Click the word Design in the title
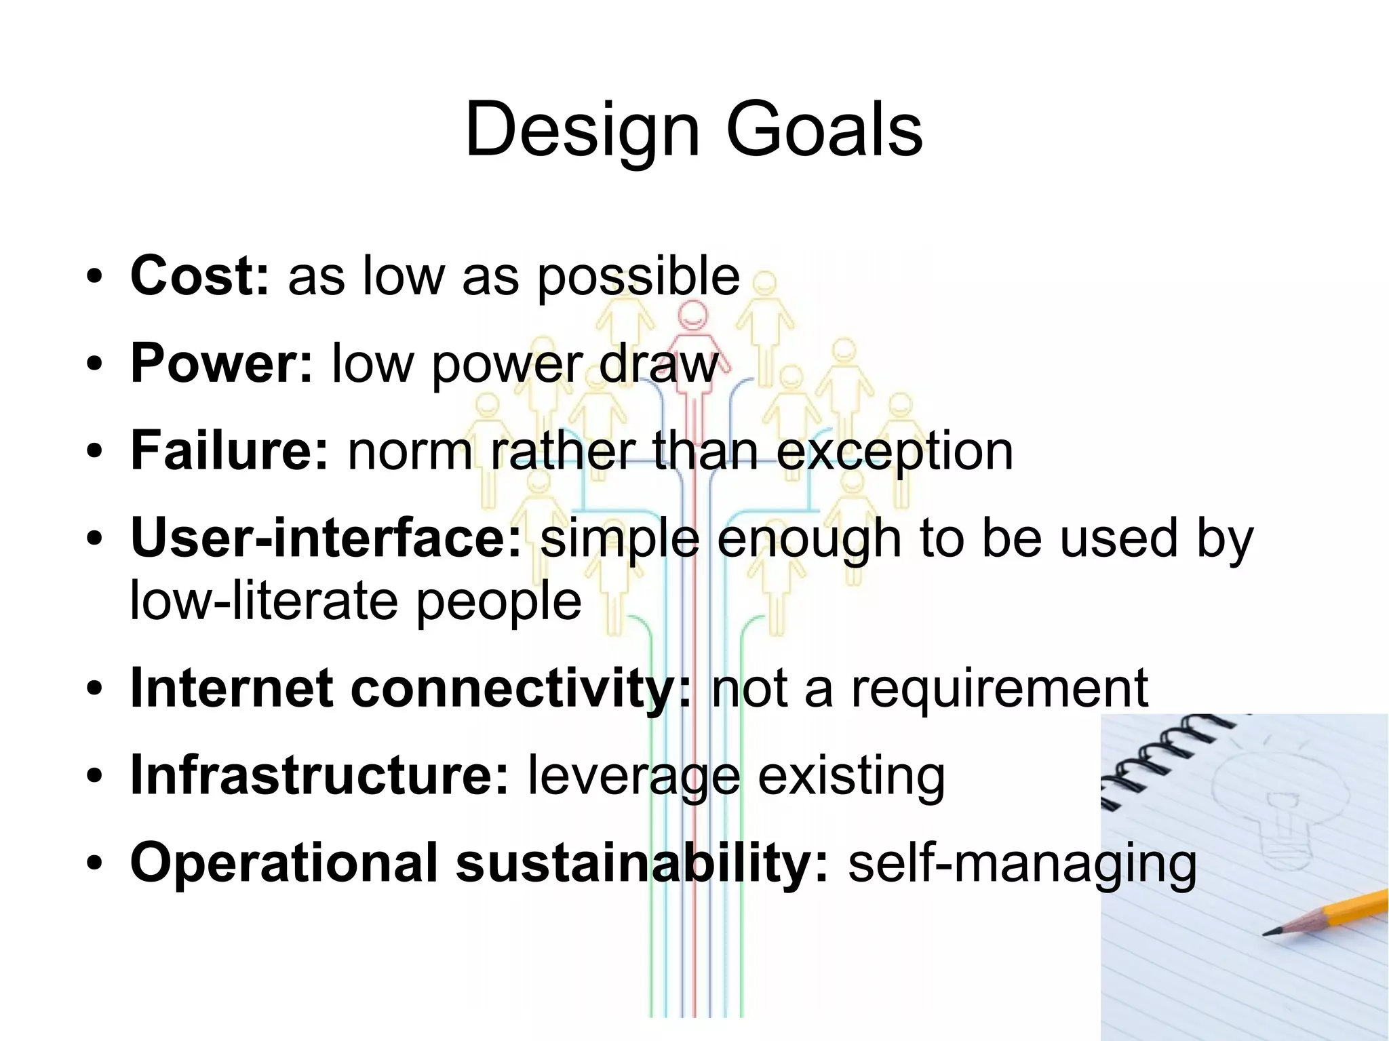pos(582,130)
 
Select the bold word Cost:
pos(200,276)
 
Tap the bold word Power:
pos(221,364)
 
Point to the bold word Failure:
pos(229,450)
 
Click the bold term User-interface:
pos(326,538)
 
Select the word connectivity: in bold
pos(521,688)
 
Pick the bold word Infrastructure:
pos(319,775)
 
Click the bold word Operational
pos(283,862)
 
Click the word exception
pos(894,452)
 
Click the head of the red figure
pos(692,315)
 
